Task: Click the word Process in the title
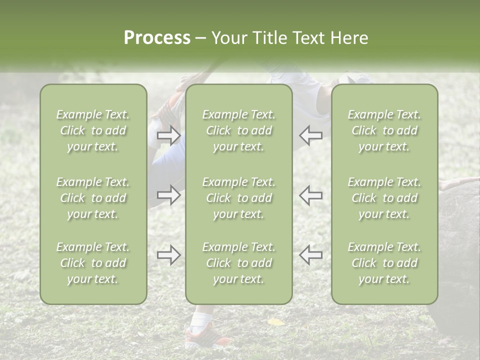pos(157,38)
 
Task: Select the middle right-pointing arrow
pos(169,195)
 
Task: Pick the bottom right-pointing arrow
pos(169,255)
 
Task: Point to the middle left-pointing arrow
pos(311,195)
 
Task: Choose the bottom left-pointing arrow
pos(311,255)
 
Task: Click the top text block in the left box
pos(93,130)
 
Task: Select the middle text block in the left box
pos(93,198)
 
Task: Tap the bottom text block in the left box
pos(93,263)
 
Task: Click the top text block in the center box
pos(239,130)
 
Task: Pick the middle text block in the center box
pos(239,198)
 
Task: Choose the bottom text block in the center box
pos(239,263)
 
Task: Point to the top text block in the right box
pos(384,130)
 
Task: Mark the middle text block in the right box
pos(384,198)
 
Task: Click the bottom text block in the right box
pos(384,263)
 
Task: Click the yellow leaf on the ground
pos(275,322)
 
